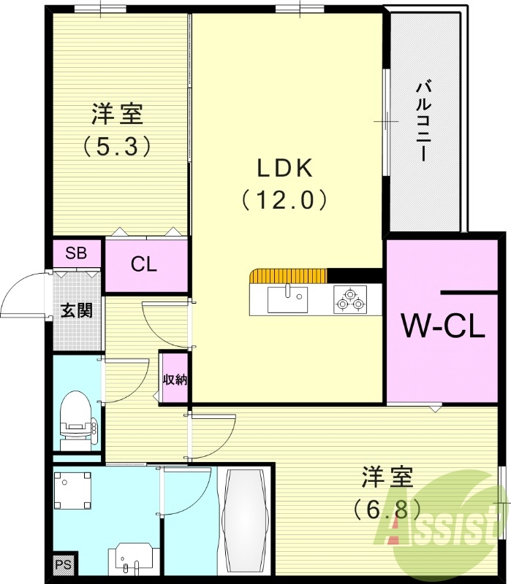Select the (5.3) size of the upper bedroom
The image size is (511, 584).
pyautogui.click(x=117, y=146)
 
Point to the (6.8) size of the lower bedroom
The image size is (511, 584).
pyautogui.click(x=387, y=507)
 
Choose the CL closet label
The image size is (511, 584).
pyautogui.click(x=144, y=264)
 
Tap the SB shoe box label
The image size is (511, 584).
pyautogui.click(x=76, y=253)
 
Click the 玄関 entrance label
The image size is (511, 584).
pyautogui.click(x=76, y=310)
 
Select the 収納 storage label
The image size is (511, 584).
pyautogui.click(x=175, y=379)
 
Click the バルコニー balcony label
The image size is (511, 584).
pyautogui.click(x=423, y=120)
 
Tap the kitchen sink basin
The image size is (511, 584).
pyautogui.click(x=287, y=299)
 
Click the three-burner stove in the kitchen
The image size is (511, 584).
pyautogui.click(x=349, y=299)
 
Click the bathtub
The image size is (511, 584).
pyautogui.click(x=245, y=520)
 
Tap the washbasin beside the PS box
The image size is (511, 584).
pyautogui.click(x=132, y=558)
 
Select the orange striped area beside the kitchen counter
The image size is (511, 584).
pyautogui.click(x=287, y=275)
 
